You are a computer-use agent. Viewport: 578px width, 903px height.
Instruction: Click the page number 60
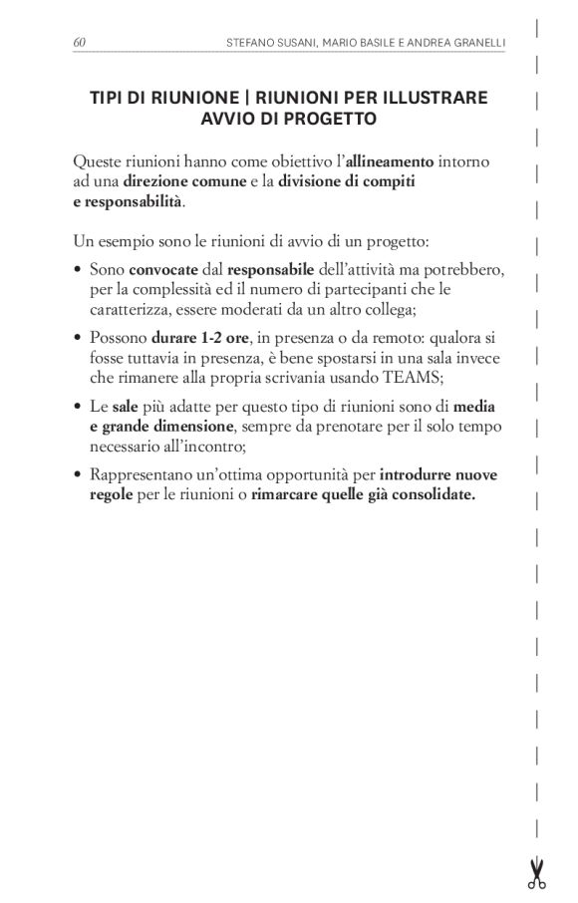79,42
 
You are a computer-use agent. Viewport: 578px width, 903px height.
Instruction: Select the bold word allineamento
390,160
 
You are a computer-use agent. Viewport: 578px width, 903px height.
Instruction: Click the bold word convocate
163,269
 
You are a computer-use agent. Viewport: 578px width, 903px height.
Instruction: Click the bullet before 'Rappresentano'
78,475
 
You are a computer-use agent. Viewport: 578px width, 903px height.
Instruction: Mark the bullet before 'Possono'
78,339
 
